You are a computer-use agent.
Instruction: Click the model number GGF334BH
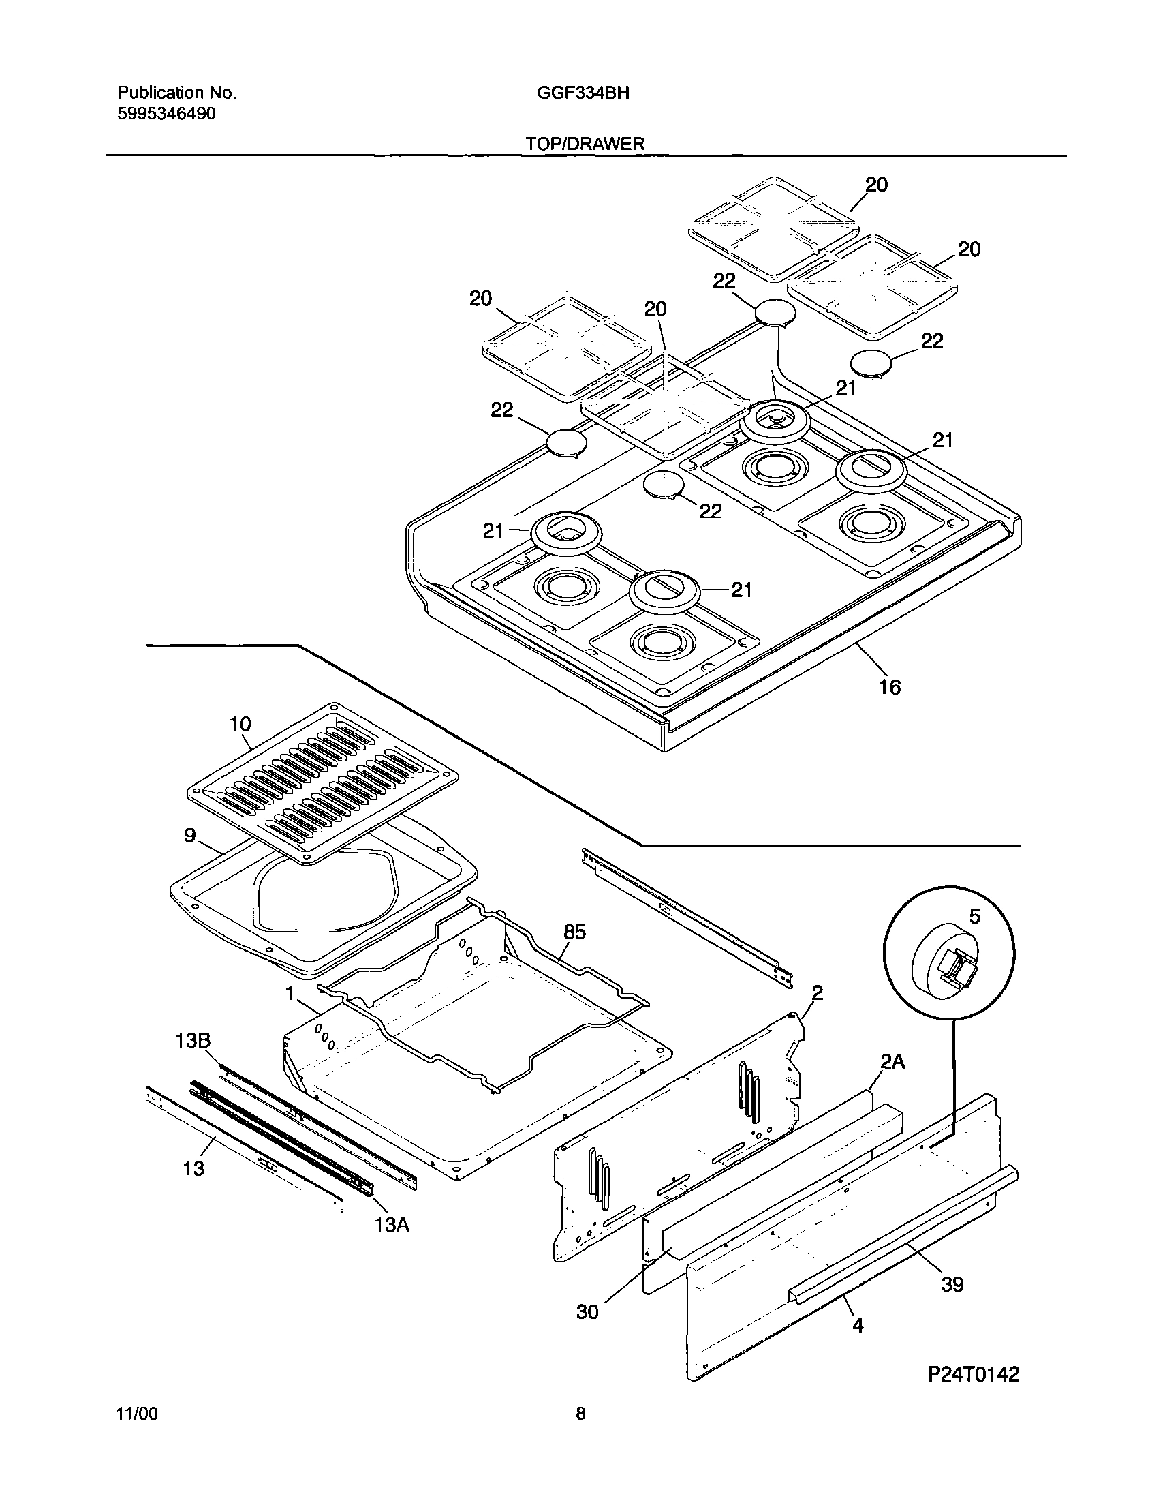[582, 93]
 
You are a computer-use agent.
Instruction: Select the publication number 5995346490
[166, 114]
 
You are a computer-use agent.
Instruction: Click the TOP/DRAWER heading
[585, 143]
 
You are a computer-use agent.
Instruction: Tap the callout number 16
[890, 687]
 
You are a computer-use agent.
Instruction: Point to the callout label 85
[574, 932]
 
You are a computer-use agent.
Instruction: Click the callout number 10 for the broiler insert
[240, 724]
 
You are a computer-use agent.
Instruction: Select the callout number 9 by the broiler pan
[190, 835]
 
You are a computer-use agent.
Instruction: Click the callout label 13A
[392, 1226]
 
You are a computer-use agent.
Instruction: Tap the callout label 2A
[892, 1061]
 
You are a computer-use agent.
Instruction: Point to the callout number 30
[587, 1312]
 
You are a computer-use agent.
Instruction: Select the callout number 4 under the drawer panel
[858, 1326]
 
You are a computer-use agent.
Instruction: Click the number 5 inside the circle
[975, 916]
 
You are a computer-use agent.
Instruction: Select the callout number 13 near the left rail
[193, 1169]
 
